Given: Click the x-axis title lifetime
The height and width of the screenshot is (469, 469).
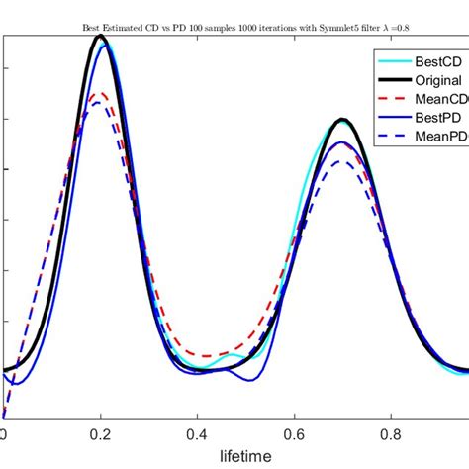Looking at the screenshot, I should coord(244,457).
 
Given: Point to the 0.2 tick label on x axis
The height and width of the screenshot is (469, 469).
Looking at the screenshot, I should coord(100,432).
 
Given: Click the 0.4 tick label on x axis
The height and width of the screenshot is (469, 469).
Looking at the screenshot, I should coord(198,432).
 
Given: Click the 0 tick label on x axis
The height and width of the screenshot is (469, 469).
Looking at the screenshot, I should coord(4,432).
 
